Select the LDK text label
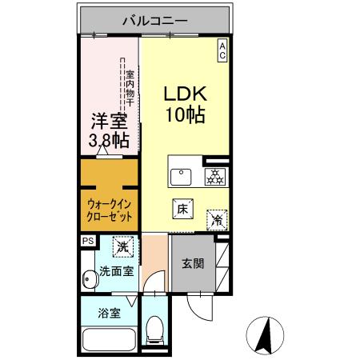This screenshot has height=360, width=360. [x=185, y=93]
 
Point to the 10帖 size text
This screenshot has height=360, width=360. [x=186, y=114]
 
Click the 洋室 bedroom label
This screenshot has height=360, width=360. [x=110, y=121]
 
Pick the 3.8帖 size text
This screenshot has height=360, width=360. [x=110, y=141]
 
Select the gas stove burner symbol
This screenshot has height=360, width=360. [x=214, y=176]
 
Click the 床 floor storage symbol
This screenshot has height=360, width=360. [x=182, y=210]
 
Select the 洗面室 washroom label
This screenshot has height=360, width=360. [x=116, y=272]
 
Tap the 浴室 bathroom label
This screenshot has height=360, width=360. [x=110, y=314]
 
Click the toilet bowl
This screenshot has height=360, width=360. [x=155, y=330]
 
